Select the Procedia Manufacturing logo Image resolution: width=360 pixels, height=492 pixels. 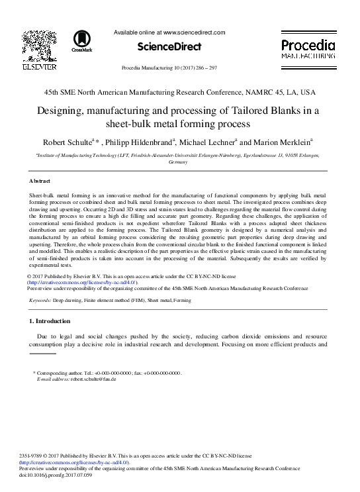(308, 48)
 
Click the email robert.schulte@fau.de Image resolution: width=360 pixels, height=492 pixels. (93, 379)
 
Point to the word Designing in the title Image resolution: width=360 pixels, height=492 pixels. (64, 111)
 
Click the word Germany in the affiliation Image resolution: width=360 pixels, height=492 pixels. (179, 162)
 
